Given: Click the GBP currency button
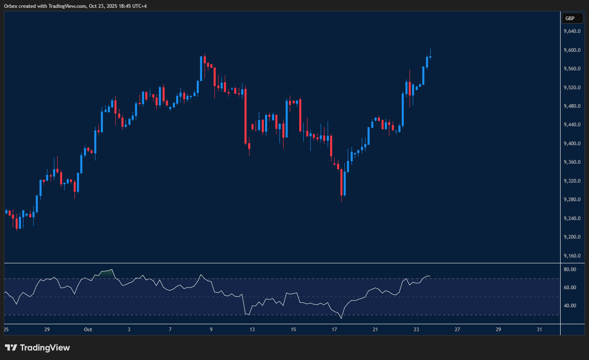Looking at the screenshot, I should pyautogui.click(x=572, y=18).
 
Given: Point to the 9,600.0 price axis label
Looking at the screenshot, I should pyautogui.click(x=572, y=50).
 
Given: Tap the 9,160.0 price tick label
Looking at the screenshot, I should pyautogui.click(x=572, y=256).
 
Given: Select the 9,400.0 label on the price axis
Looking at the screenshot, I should pyautogui.click(x=572, y=144).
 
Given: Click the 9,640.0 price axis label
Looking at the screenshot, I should pyautogui.click(x=572, y=31).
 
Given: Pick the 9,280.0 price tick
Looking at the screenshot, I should pyautogui.click(x=572, y=200).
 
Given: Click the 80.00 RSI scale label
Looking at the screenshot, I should pyautogui.click(x=570, y=269).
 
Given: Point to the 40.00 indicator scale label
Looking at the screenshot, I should pyautogui.click(x=570, y=306).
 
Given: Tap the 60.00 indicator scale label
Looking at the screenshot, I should pyautogui.click(x=570, y=288).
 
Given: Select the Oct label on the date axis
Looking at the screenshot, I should pyautogui.click(x=88, y=330).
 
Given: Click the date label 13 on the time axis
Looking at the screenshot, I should pyautogui.click(x=252, y=330).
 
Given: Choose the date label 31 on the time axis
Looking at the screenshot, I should pyautogui.click(x=540, y=330).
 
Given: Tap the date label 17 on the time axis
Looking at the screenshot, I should pyautogui.click(x=334, y=330).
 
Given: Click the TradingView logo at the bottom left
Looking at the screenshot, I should pyautogui.click(x=37, y=348).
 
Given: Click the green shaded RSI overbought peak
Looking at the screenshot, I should pyautogui.click(x=107, y=273).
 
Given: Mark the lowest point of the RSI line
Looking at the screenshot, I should pyautogui.click(x=341, y=318).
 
